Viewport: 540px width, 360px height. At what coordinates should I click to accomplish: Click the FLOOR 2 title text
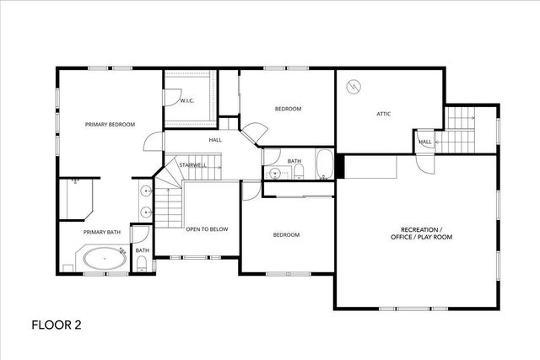pyautogui.click(x=57, y=324)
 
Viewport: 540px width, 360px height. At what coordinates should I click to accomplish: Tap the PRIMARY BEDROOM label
pyautogui.click(x=110, y=125)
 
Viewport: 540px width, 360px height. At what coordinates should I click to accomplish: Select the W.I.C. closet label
pyautogui.click(x=186, y=101)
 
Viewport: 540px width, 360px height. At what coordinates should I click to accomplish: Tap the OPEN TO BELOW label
pyautogui.click(x=207, y=228)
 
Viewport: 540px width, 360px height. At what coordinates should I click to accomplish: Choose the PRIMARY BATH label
pyautogui.click(x=102, y=232)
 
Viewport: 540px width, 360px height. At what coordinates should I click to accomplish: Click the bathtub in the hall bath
pyautogui.click(x=325, y=165)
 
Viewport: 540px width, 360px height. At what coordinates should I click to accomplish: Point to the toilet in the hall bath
pyautogui.click(x=299, y=172)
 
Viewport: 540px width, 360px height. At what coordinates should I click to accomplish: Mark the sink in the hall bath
pyautogui.click(x=271, y=175)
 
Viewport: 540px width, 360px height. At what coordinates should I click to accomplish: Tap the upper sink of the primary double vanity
pyautogui.click(x=147, y=191)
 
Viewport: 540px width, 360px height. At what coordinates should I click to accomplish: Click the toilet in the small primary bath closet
pyautogui.click(x=142, y=265)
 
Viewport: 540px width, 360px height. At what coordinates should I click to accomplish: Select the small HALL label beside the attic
pyautogui.click(x=425, y=142)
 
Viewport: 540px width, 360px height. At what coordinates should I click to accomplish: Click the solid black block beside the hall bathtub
pyautogui.click(x=340, y=165)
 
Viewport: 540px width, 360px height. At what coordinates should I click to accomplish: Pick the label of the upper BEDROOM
pyautogui.click(x=288, y=109)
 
